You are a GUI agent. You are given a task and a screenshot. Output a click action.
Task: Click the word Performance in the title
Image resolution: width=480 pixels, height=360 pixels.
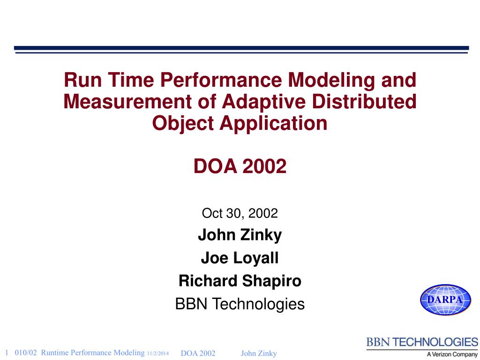(x=221, y=80)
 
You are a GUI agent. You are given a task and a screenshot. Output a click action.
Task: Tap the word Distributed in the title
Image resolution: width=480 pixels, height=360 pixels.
(x=364, y=101)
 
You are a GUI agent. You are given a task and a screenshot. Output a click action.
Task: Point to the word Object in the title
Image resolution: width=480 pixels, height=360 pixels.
(x=183, y=124)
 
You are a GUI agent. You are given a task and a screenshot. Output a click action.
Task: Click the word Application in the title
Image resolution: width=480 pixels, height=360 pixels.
(x=273, y=124)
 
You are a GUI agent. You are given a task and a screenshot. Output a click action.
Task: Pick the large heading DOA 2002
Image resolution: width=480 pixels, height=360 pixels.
(x=240, y=166)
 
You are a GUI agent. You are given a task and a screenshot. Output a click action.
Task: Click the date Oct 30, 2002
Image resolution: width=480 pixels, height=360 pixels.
(x=240, y=213)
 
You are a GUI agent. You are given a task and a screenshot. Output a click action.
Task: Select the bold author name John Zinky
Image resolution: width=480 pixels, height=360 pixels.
(x=240, y=235)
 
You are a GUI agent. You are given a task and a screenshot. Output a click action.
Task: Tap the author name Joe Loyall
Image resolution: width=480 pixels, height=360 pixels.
(x=240, y=258)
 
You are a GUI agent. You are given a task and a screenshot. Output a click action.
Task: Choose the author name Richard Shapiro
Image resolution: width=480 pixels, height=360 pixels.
(x=240, y=281)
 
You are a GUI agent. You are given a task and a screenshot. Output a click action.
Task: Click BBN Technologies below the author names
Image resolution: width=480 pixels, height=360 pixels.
(x=240, y=304)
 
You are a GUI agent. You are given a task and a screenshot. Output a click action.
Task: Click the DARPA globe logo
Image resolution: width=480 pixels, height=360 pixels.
(x=445, y=300)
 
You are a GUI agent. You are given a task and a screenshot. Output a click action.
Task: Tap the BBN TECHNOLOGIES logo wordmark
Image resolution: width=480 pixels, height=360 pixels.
(x=422, y=342)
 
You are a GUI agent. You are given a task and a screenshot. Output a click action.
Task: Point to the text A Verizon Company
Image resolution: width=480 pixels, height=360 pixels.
(x=452, y=354)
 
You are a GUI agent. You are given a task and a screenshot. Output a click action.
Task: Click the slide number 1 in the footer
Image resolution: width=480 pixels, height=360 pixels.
(x=7, y=352)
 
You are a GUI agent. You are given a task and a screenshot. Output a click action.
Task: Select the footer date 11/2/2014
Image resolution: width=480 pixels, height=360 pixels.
(x=157, y=353)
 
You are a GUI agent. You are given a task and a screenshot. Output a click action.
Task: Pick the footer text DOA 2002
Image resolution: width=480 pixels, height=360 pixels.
(x=198, y=353)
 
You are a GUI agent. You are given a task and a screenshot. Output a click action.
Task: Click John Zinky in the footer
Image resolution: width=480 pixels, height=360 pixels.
(x=259, y=353)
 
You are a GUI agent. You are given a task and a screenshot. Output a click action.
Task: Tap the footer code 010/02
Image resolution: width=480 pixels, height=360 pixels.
(x=26, y=352)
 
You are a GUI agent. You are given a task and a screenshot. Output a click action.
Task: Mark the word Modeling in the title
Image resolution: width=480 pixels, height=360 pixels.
(x=331, y=81)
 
